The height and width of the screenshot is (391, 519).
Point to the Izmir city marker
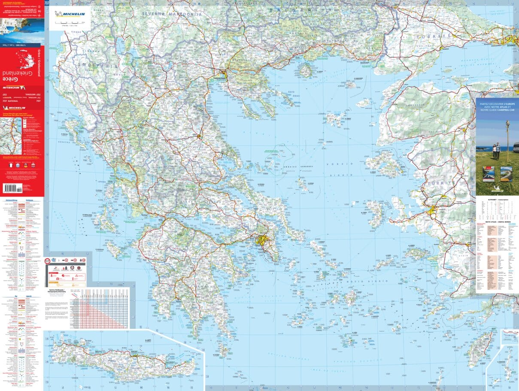click(432, 211)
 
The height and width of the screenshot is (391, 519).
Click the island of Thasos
click(306, 70)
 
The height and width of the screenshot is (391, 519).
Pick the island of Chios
click(376, 214)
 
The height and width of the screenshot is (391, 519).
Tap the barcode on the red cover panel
click(12, 188)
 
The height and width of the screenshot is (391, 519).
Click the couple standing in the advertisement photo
click(496, 150)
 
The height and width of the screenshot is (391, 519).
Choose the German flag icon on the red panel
click(26, 164)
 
